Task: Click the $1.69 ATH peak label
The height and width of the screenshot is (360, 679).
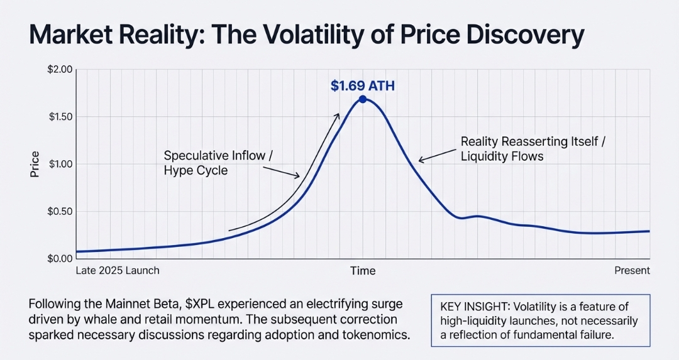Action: click(x=362, y=85)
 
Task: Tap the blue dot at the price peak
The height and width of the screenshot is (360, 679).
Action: click(x=363, y=99)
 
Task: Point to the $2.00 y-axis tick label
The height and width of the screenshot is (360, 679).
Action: click(x=61, y=69)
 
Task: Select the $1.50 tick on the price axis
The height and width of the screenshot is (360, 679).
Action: click(x=61, y=117)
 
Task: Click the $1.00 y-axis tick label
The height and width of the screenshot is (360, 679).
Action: click(x=61, y=164)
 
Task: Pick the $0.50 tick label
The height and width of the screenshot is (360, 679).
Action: click(x=61, y=211)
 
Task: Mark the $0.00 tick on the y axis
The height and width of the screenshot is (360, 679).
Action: click(x=61, y=258)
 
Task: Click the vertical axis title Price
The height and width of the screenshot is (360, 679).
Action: click(x=35, y=164)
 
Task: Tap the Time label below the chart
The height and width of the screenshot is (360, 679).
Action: click(x=363, y=271)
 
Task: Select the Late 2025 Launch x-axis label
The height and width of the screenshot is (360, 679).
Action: click(x=118, y=271)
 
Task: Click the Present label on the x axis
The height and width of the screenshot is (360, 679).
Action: click(x=632, y=271)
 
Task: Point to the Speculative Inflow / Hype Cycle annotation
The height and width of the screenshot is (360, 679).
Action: click(x=218, y=162)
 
